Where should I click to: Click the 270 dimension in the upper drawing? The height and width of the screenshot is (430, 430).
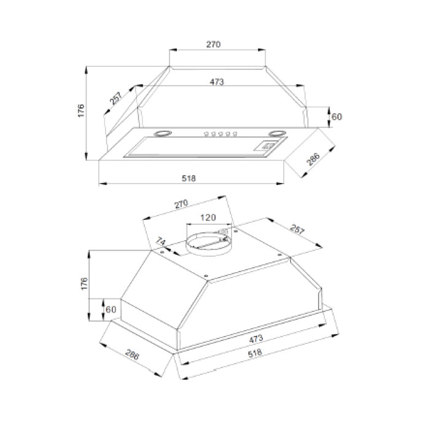pyautogui.click(x=213, y=44)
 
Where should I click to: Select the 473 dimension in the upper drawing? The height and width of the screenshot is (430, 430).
pyautogui.click(x=217, y=82)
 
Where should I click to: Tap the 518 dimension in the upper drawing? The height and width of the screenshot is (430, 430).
pyautogui.click(x=189, y=178)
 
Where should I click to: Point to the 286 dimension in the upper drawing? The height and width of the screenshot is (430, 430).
pyautogui.click(x=314, y=159)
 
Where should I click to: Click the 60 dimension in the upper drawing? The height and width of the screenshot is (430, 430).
pyautogui.click(x=337, y=117)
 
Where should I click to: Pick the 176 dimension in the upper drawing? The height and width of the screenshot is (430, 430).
pyautogui.click(x=81, y=111)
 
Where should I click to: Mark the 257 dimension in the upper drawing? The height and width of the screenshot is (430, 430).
pyautogui.click(x=115, y=98)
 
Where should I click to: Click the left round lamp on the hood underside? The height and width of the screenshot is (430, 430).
pyautogui.click(x=163, y=133)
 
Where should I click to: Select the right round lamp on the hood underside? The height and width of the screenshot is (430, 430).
pyautogui.click(x=278, y=133)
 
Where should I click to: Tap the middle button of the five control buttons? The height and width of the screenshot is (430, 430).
pyautogui.click(x=221, y=134)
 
